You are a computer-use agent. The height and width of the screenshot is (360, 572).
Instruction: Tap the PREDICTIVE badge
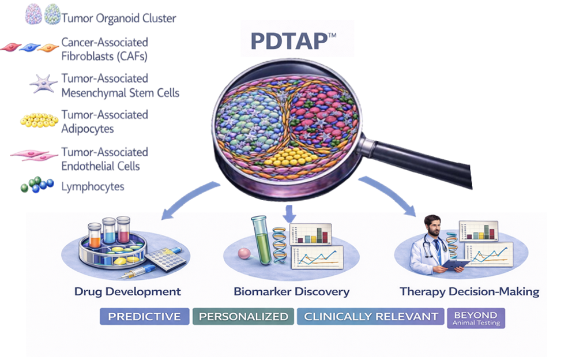(145, 316)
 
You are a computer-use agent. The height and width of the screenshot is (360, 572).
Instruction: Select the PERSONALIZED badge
(243, 316)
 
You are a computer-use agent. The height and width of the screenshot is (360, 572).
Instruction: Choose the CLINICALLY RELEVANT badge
(371, 316)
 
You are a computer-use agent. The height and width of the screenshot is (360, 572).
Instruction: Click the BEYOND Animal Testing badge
(476, 318)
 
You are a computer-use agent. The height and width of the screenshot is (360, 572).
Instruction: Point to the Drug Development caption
(127, 291)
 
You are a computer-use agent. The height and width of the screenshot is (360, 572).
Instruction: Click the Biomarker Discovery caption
(291, 291)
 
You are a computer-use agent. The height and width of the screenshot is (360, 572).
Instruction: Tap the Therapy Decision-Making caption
(469, 291)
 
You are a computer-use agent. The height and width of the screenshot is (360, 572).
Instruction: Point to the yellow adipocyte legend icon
(39, 120)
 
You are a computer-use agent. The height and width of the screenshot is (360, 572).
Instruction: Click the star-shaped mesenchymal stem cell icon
(43, 83)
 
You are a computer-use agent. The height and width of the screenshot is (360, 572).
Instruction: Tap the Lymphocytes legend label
(93, 186)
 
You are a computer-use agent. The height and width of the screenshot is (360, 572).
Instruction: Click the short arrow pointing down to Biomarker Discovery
(289, 213)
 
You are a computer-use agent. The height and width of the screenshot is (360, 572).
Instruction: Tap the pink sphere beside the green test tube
(244, 253)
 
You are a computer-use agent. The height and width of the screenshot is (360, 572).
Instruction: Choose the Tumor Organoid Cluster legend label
(119, 18)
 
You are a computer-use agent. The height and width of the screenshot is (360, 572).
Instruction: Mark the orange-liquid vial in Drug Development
(95, 235)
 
